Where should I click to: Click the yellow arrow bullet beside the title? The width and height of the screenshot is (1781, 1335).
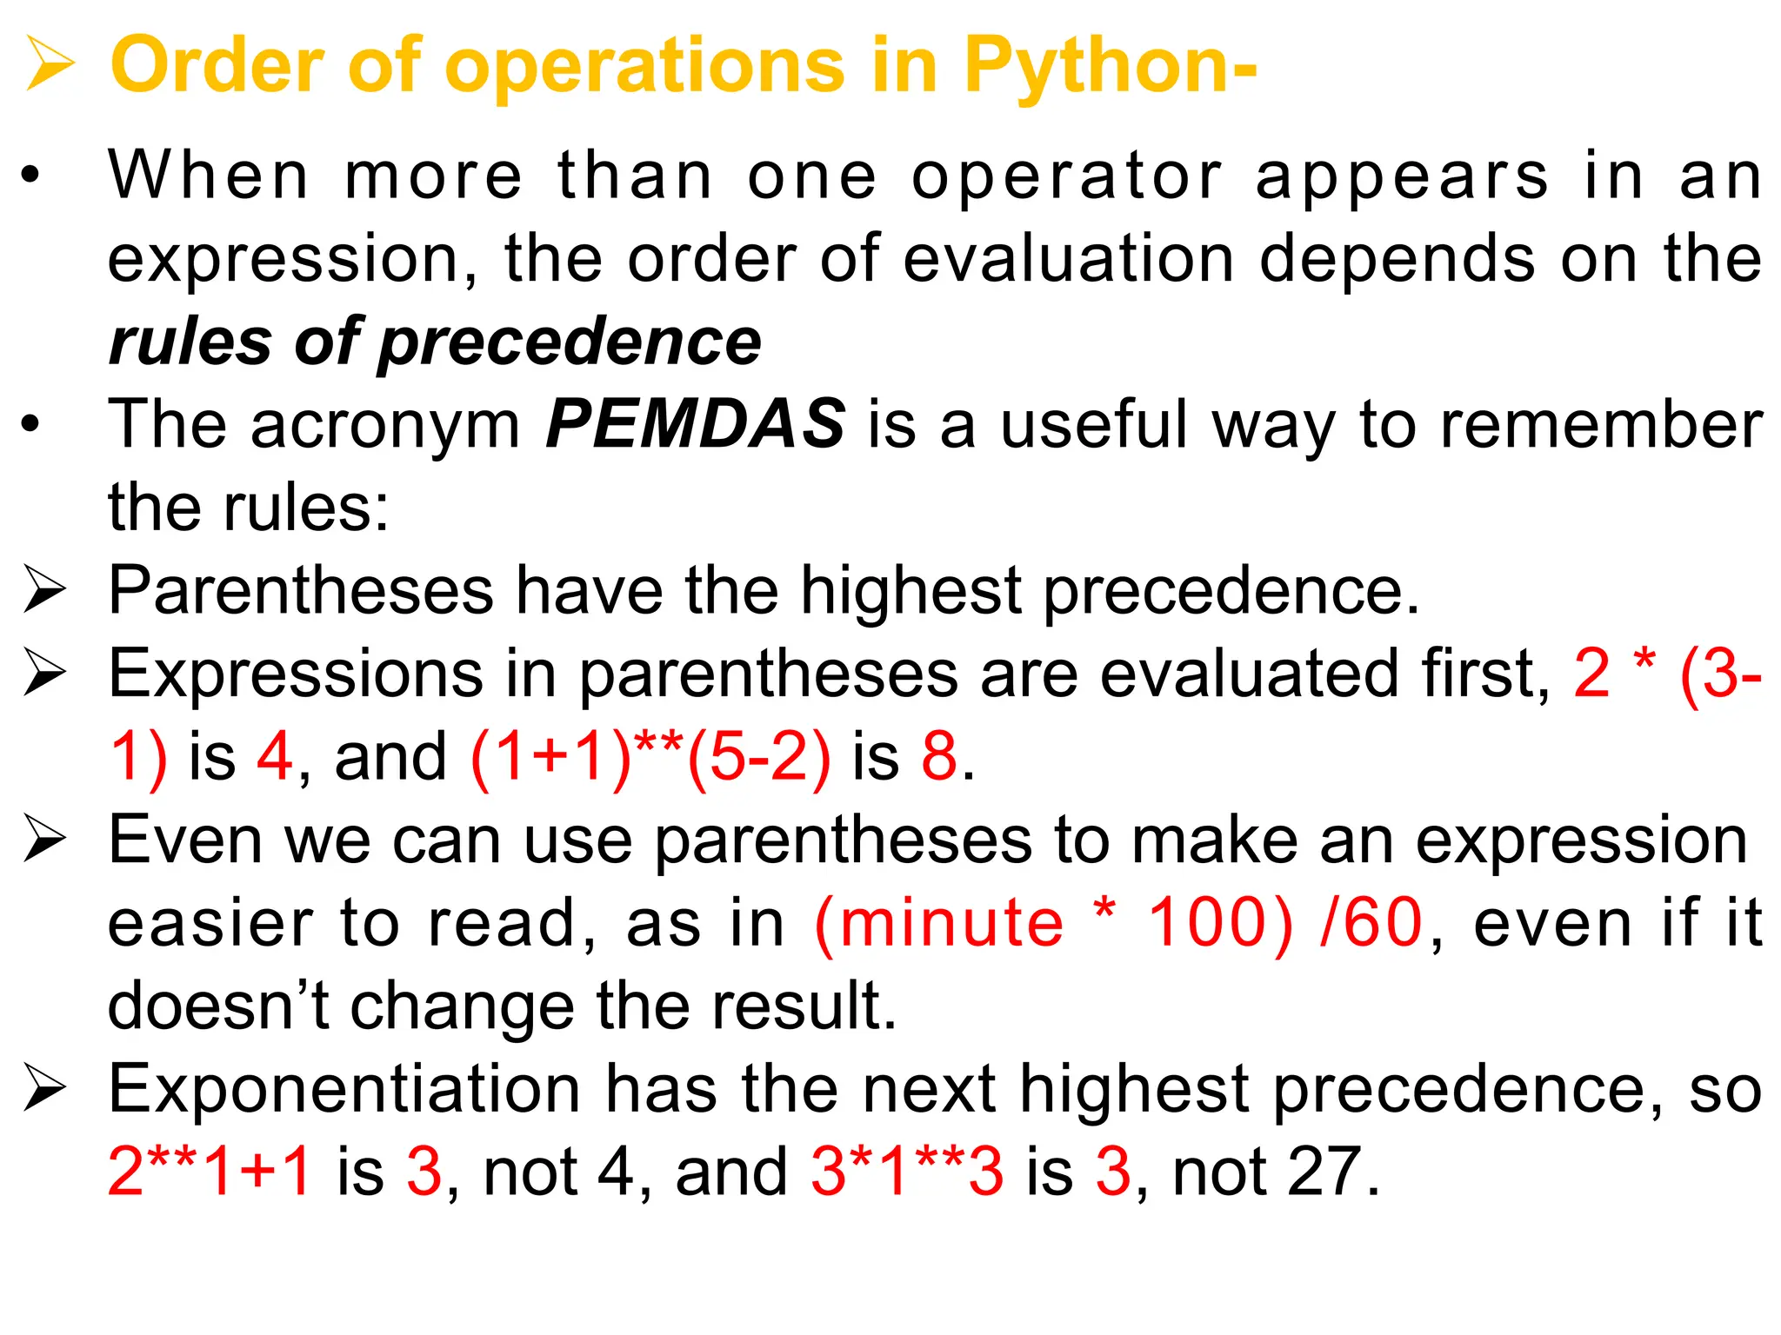click(50, 63)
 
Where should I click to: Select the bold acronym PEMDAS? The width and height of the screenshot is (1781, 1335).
click(695, 424)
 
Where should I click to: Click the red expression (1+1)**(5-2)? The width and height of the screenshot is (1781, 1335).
click(650, 757)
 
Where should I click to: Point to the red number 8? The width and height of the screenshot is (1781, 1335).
click(939, 756)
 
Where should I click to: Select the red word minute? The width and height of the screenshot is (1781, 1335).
click(951, 922)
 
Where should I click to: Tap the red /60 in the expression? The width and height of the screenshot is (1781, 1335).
click(1371, 922)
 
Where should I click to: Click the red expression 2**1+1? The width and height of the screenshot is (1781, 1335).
click(210, 1171)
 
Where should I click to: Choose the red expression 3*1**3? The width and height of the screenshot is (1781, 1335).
click(907, 1171)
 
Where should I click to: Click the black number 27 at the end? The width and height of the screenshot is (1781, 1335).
click(1323, 1172)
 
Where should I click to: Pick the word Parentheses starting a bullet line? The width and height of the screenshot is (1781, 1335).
click(301, 591)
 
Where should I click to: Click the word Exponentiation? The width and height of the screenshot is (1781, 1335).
click(344, 1088)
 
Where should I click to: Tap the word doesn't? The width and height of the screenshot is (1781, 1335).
click(217, 1006)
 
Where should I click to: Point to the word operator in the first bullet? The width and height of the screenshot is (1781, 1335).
click(1067, 176)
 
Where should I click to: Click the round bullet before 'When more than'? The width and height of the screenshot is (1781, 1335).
click(31, 176)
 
